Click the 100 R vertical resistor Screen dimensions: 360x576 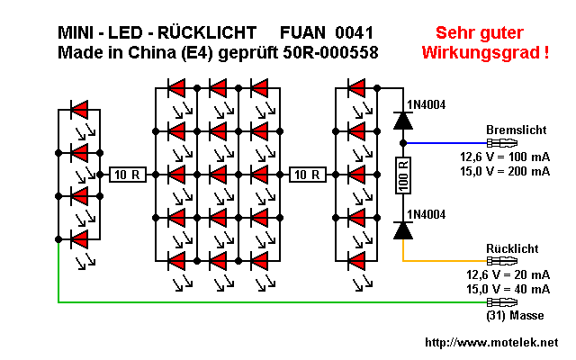point(403,175)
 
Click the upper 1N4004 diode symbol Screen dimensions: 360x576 point(403,121)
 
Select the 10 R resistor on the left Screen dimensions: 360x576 point(126,175)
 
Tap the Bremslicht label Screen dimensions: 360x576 point(516,130)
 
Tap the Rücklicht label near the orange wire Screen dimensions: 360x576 point(513,247)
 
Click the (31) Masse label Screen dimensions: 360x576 point(516,316)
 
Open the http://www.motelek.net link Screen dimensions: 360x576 point(490,343)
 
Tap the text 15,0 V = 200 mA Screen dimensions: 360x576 point(504,171)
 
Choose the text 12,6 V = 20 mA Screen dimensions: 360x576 point(508,274)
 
